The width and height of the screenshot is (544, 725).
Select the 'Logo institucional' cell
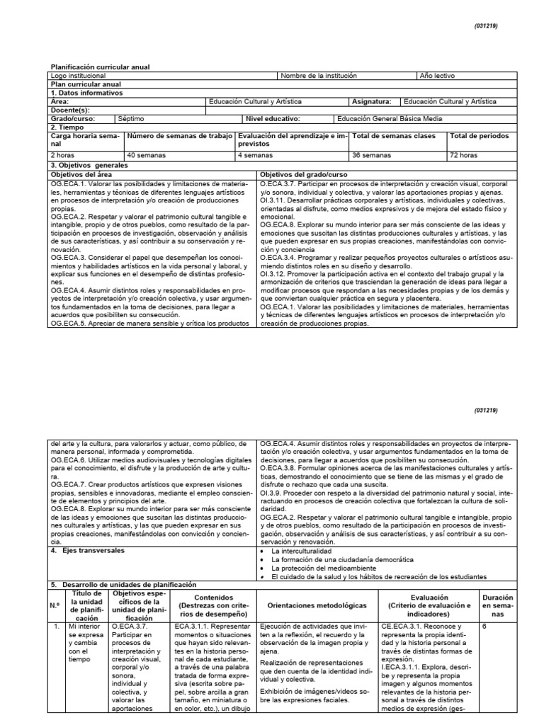tap(78, 75)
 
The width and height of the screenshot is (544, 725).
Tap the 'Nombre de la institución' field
tap(319, 75)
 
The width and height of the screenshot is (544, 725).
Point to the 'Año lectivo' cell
tap(437, 75)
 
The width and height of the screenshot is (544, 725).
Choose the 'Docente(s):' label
tap(70, 110)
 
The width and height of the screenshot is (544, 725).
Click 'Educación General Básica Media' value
tap(387, 118)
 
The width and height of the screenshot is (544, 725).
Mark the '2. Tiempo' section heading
tap(68, 127)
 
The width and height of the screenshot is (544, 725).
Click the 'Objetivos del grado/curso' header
tap(301, 173)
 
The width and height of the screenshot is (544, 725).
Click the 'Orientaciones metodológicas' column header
tap(317, 606)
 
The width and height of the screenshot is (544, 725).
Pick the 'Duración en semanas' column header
tap(497, 606)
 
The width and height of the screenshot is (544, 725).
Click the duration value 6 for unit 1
tap(484, 627)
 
